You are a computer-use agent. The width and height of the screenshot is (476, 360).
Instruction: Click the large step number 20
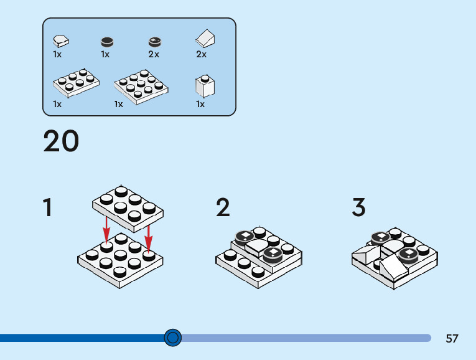61,141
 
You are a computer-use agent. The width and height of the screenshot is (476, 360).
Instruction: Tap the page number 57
452,338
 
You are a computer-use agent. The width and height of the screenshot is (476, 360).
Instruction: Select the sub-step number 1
47,207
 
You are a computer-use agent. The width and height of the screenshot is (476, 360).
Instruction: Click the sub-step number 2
223,207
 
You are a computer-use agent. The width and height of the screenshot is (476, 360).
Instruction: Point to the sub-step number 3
358,207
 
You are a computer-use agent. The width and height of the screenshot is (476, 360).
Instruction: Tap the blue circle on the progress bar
173,338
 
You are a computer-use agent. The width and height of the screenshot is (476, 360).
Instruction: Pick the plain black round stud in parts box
107,42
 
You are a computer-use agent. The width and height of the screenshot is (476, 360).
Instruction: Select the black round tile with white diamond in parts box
154,42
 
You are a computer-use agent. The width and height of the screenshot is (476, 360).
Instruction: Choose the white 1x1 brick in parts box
204,86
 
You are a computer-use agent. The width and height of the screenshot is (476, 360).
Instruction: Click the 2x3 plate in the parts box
76,83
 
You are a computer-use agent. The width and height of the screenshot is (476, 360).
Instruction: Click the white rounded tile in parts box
61,40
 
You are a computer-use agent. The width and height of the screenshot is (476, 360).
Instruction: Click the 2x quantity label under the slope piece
201,54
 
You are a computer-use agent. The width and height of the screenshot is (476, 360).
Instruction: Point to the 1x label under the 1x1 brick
200,104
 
